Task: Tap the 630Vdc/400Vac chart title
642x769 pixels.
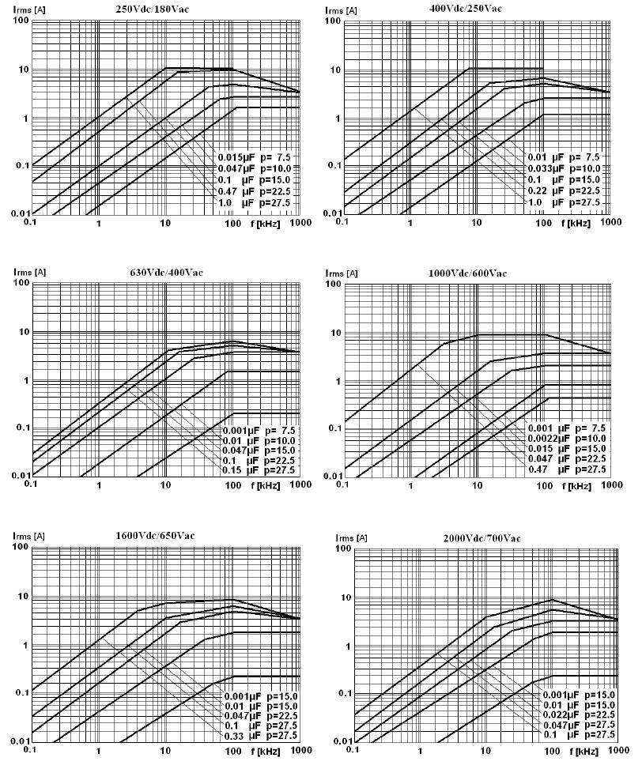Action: coord(166,273)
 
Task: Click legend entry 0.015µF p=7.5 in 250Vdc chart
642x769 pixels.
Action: coord(254,156)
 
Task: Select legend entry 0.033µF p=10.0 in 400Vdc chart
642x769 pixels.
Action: coord(564,168)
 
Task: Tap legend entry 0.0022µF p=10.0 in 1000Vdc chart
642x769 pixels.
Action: coord(567,438)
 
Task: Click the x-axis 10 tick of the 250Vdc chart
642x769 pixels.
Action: coord(164,223)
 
